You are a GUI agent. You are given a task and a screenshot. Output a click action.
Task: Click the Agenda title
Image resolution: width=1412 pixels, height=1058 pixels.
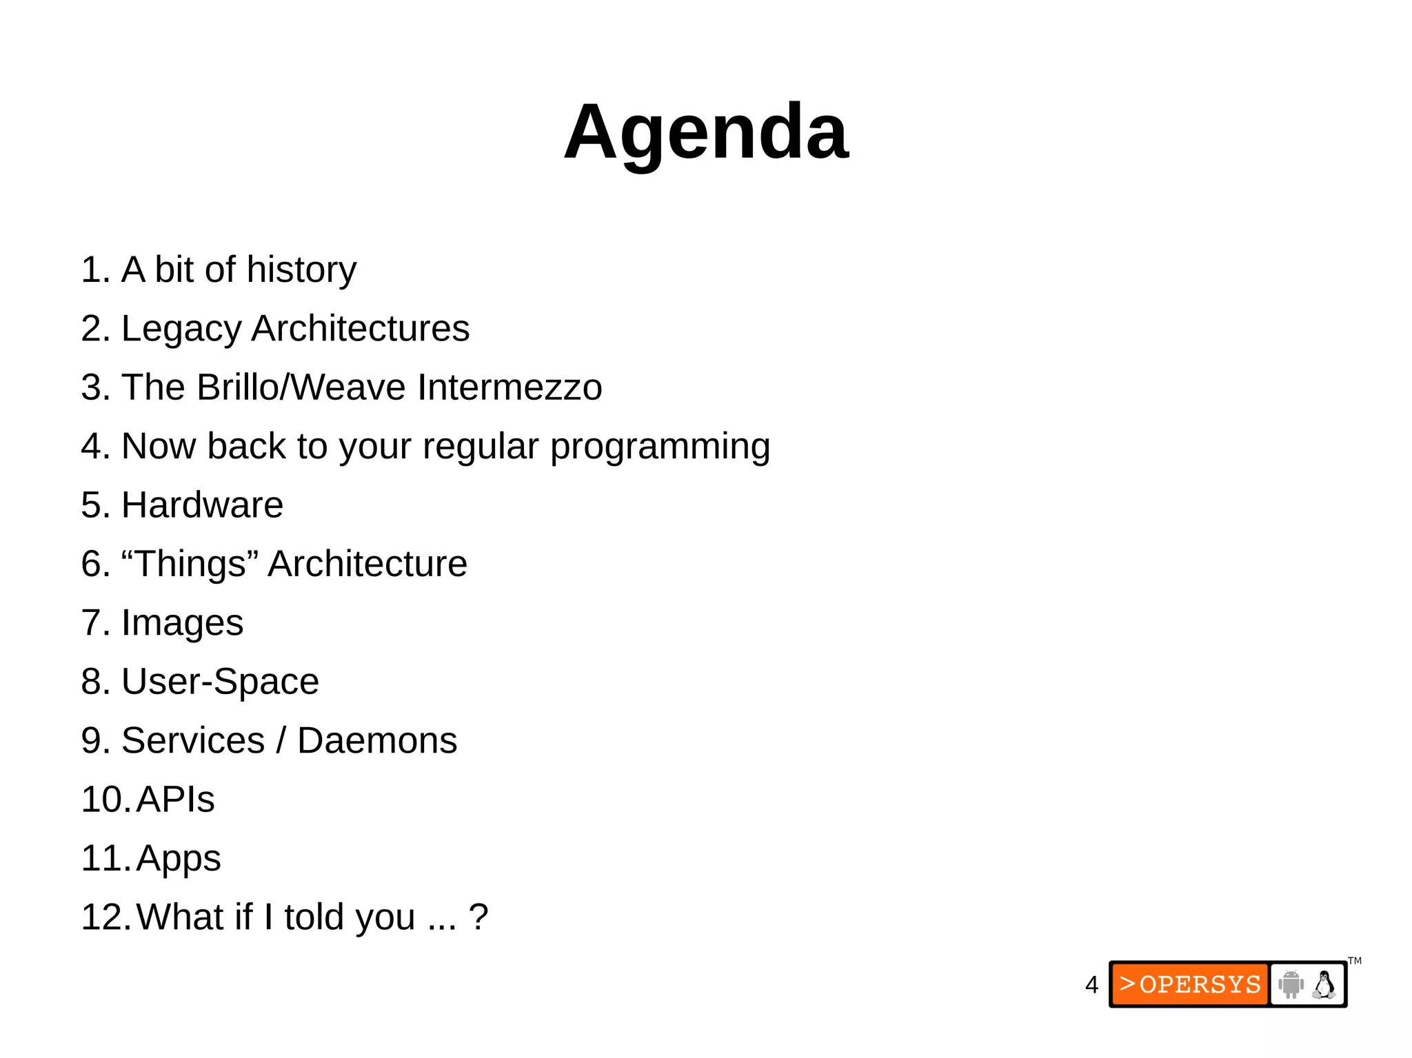[706, 132]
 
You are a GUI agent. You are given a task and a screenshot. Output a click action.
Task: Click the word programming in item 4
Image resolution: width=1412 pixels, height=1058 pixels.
[660, 447]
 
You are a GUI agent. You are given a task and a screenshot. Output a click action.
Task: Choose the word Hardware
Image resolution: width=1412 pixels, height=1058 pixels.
[202, 505]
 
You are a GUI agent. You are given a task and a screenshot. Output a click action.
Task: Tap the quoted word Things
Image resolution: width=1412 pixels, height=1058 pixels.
[190, 564]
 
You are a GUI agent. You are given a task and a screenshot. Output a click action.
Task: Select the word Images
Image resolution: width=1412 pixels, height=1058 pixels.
[182, 624]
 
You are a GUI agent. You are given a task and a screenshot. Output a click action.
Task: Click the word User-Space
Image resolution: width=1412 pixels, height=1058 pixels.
[220, 682]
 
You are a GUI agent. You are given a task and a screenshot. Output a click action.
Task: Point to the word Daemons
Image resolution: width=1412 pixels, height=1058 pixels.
[377, 741]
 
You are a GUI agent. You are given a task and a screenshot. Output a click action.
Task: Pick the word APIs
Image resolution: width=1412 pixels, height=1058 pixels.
[175, 800]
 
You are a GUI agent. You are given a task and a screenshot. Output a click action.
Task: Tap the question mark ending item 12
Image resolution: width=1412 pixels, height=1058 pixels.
[478, 917]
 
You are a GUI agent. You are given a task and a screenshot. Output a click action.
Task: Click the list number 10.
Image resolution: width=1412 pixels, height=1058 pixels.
[104, 800]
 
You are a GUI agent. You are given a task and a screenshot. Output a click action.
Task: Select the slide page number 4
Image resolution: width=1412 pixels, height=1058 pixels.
[1091, 985]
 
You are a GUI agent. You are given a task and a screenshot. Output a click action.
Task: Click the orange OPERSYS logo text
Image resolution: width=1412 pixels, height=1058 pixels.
[1191, 984]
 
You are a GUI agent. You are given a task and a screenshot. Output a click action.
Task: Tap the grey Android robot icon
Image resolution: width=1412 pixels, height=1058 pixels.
[1291, 984]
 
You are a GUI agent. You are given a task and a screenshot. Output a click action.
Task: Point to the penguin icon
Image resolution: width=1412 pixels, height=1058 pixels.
[1324, 984]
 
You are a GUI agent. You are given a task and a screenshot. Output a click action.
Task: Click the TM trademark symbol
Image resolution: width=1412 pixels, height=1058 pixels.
[1355, 961]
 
